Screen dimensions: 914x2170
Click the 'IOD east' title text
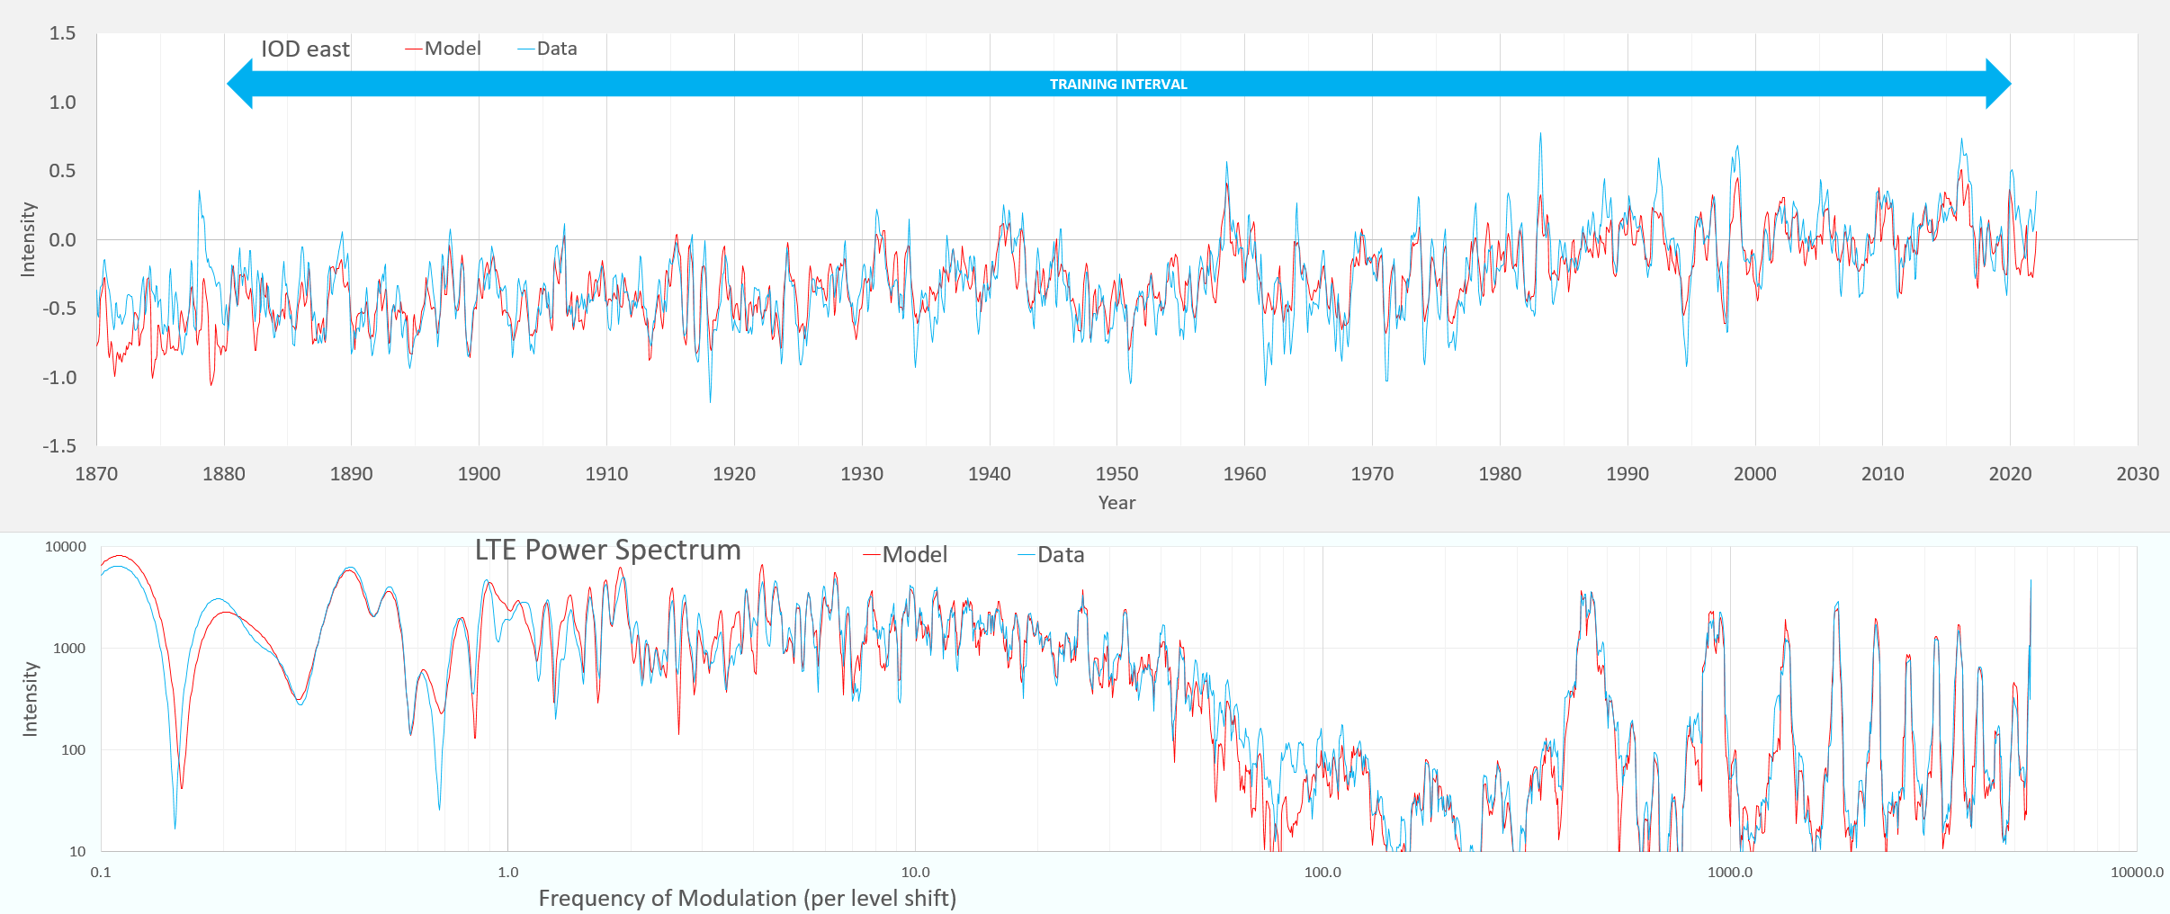[305, 49]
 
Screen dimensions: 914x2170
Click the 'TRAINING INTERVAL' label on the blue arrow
[1118, 85]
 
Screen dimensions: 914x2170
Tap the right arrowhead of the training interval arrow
[1997, 84]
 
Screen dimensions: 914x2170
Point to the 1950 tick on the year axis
[1116, 474]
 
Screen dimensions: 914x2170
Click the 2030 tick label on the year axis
[2137, 474]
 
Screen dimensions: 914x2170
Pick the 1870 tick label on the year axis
[96, 474]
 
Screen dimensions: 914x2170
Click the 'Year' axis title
[1116, 503]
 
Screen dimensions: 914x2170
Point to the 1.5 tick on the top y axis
[62, 33]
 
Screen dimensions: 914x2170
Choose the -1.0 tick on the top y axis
[59, 378]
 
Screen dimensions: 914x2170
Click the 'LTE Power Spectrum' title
[607, 550]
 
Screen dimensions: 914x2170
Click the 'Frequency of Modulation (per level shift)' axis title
[747, 898]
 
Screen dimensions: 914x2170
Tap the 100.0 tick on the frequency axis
[1322, 873]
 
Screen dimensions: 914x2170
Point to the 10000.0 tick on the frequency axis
[2137, 873]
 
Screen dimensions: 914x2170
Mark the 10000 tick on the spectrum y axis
[66, 547]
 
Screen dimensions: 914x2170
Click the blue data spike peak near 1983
[1539, 135]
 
